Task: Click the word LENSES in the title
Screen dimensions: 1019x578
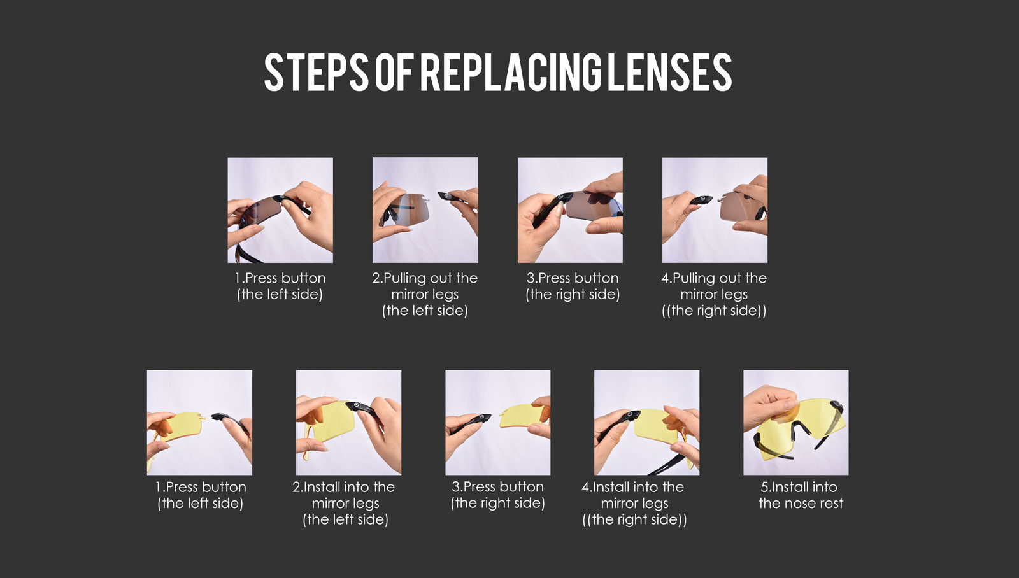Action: pyautogui.click(x=670, y=72)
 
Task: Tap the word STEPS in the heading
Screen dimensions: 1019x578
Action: pyautogui.click(x=316, y=72)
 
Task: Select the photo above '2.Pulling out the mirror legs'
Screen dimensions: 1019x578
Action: pyautogui.click(x=425, y=210)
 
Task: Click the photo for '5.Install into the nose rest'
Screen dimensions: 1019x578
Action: pyautogui.click(x=796, y=423)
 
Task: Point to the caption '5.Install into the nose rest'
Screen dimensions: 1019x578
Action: pyautogui.click(x=800, y=495)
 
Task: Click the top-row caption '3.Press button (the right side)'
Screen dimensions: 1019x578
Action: pyautogui.click(x=573, y=286)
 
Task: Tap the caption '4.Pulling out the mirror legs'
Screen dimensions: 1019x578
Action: pyautogui.click(x=714, y=294)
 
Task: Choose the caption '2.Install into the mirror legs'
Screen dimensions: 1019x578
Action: pyautogui.click(x=345, y=503)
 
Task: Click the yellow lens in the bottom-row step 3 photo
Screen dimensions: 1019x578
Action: pyautogui.click(x=523, y=415)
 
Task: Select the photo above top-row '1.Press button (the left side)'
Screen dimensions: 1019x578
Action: pyautogui.click(x=280, y=210)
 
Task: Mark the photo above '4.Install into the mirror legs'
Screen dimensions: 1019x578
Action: pyautogui.click(x=647, y=423)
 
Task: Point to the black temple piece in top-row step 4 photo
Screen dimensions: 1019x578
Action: pyautogui.click(x=701, y=200)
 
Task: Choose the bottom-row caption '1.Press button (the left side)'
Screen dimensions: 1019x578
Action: pyautogui.click(x=201, y=495)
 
